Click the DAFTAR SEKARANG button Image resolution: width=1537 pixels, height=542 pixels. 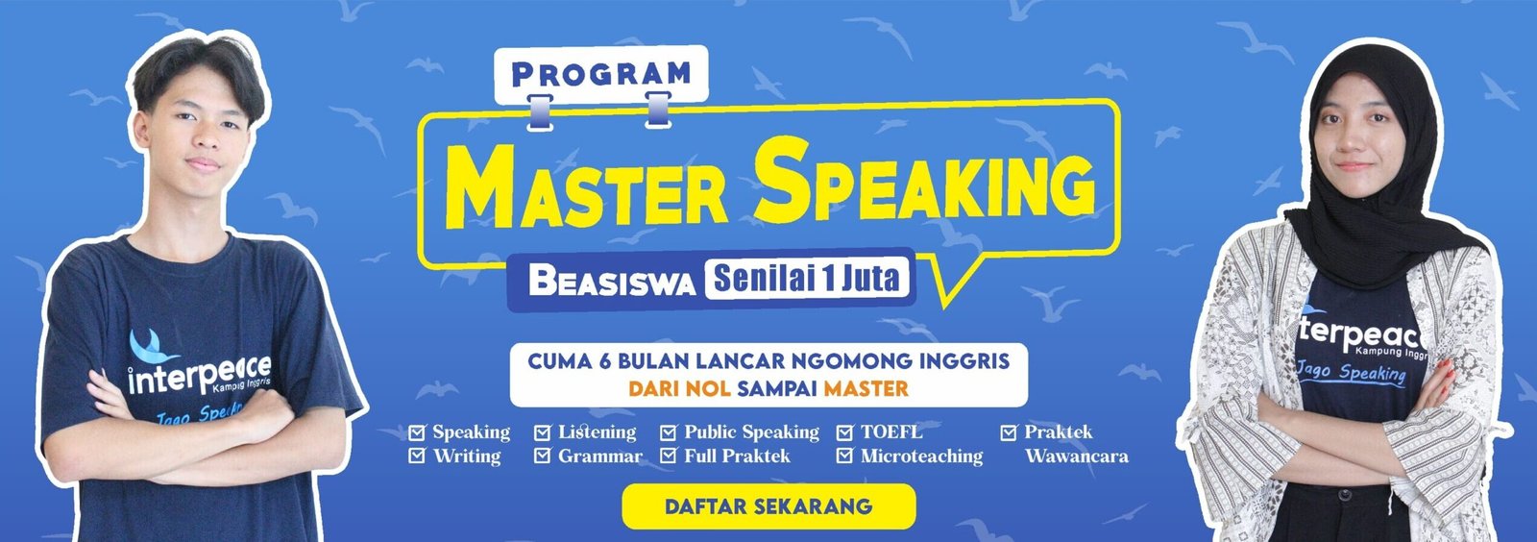[768, 506]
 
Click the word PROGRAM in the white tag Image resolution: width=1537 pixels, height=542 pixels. [601, 73]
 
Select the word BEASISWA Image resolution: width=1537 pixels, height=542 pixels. [612, 283]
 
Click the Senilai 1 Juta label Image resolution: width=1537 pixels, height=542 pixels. [807, 279]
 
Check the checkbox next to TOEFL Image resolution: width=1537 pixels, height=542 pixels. [844, 432]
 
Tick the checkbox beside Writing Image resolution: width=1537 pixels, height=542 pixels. [417, 456]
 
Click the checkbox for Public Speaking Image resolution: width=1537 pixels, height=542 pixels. [669, 432]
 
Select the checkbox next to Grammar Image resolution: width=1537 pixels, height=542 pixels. [543, 456]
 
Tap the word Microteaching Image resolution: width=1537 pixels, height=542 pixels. [921, 456]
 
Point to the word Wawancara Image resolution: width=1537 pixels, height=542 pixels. [1076, 456]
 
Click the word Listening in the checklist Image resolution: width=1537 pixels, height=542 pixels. [597, 432]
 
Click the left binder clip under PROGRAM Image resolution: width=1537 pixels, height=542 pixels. [539, 111]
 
